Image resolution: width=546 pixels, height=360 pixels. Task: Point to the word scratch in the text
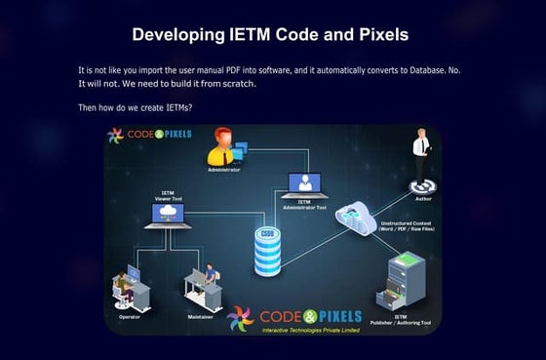[x=237, y=84]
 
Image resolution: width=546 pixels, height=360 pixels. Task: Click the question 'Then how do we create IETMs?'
[x=136, y=107]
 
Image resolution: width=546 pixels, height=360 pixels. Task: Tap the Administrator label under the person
[x=223, y=168]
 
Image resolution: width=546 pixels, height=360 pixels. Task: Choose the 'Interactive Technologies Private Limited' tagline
[x=311, y=330]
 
